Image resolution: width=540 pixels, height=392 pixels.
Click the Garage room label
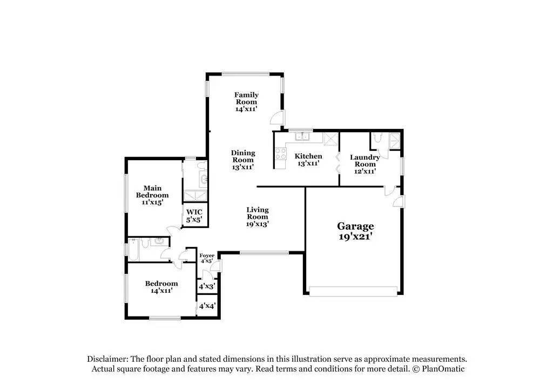tap(355, 226)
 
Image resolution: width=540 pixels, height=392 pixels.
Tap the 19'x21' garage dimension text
tap(355, 236)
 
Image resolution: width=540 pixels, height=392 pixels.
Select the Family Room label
tap(246, 98)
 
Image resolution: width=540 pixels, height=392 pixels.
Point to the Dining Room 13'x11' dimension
tap(243, 167)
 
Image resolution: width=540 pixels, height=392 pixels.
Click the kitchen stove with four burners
tap(280, 154)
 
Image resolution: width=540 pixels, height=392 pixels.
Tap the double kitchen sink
tap(300, 136)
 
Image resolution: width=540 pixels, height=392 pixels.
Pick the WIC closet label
tap(194, 212)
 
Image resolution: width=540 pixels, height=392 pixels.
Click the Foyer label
tap(207, 256)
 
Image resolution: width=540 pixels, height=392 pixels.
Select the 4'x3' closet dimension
tap(207, 287)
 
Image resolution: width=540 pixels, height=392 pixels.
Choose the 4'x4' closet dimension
tap(207, 306)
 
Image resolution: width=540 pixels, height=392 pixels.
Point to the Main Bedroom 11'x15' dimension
tap(152, 202)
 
